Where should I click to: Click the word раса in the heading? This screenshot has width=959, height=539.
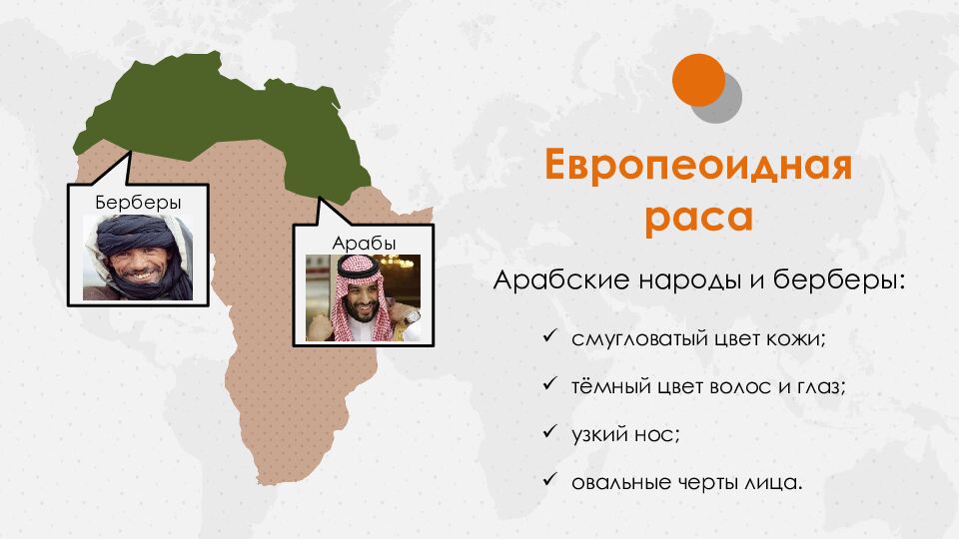coord(697,217)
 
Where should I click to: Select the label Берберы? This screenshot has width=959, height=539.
coord(138,203)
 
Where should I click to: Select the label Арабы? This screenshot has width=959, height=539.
coord(363,243)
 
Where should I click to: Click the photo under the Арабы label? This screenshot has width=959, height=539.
coord(363,298)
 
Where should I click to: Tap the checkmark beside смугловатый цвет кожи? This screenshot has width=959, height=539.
coord(548,337)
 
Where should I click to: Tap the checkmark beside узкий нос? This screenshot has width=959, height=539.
coord(548,434)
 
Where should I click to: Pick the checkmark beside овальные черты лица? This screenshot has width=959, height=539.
coord(548,482)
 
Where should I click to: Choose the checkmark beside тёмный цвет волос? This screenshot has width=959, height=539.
coord(548,385)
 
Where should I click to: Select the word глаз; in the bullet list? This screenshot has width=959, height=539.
coord(817,386)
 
